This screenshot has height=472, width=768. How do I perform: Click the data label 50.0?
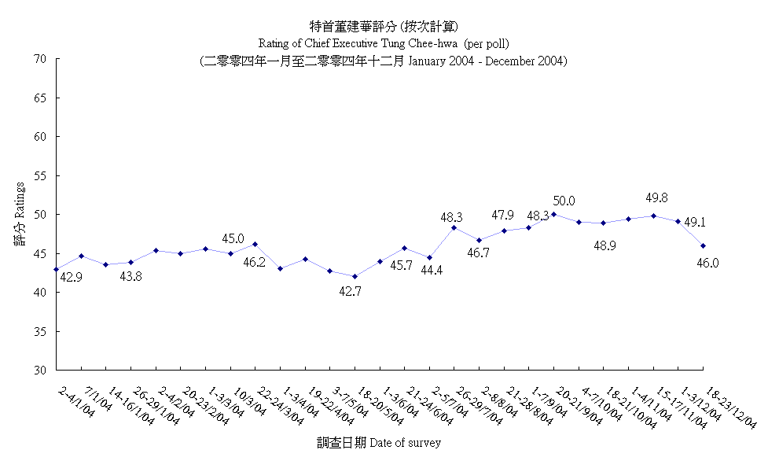[x=564, y=201]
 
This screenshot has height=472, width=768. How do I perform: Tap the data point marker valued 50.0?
[x=554, y=214]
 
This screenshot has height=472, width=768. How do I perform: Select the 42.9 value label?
[x=72, y=277]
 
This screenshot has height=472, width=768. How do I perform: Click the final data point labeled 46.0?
[x=704, y=245]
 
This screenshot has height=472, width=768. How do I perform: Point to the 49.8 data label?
[x=657, y=198]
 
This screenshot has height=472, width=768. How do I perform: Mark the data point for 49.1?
[x=678, y=221]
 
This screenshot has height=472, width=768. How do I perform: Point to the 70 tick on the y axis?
[x=41, y=59]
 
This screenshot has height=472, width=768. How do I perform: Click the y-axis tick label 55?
[x=41, y=175]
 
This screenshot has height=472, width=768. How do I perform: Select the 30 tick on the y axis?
[x=41, y=370]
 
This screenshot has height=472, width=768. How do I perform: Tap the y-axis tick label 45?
[x=41, y=253]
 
